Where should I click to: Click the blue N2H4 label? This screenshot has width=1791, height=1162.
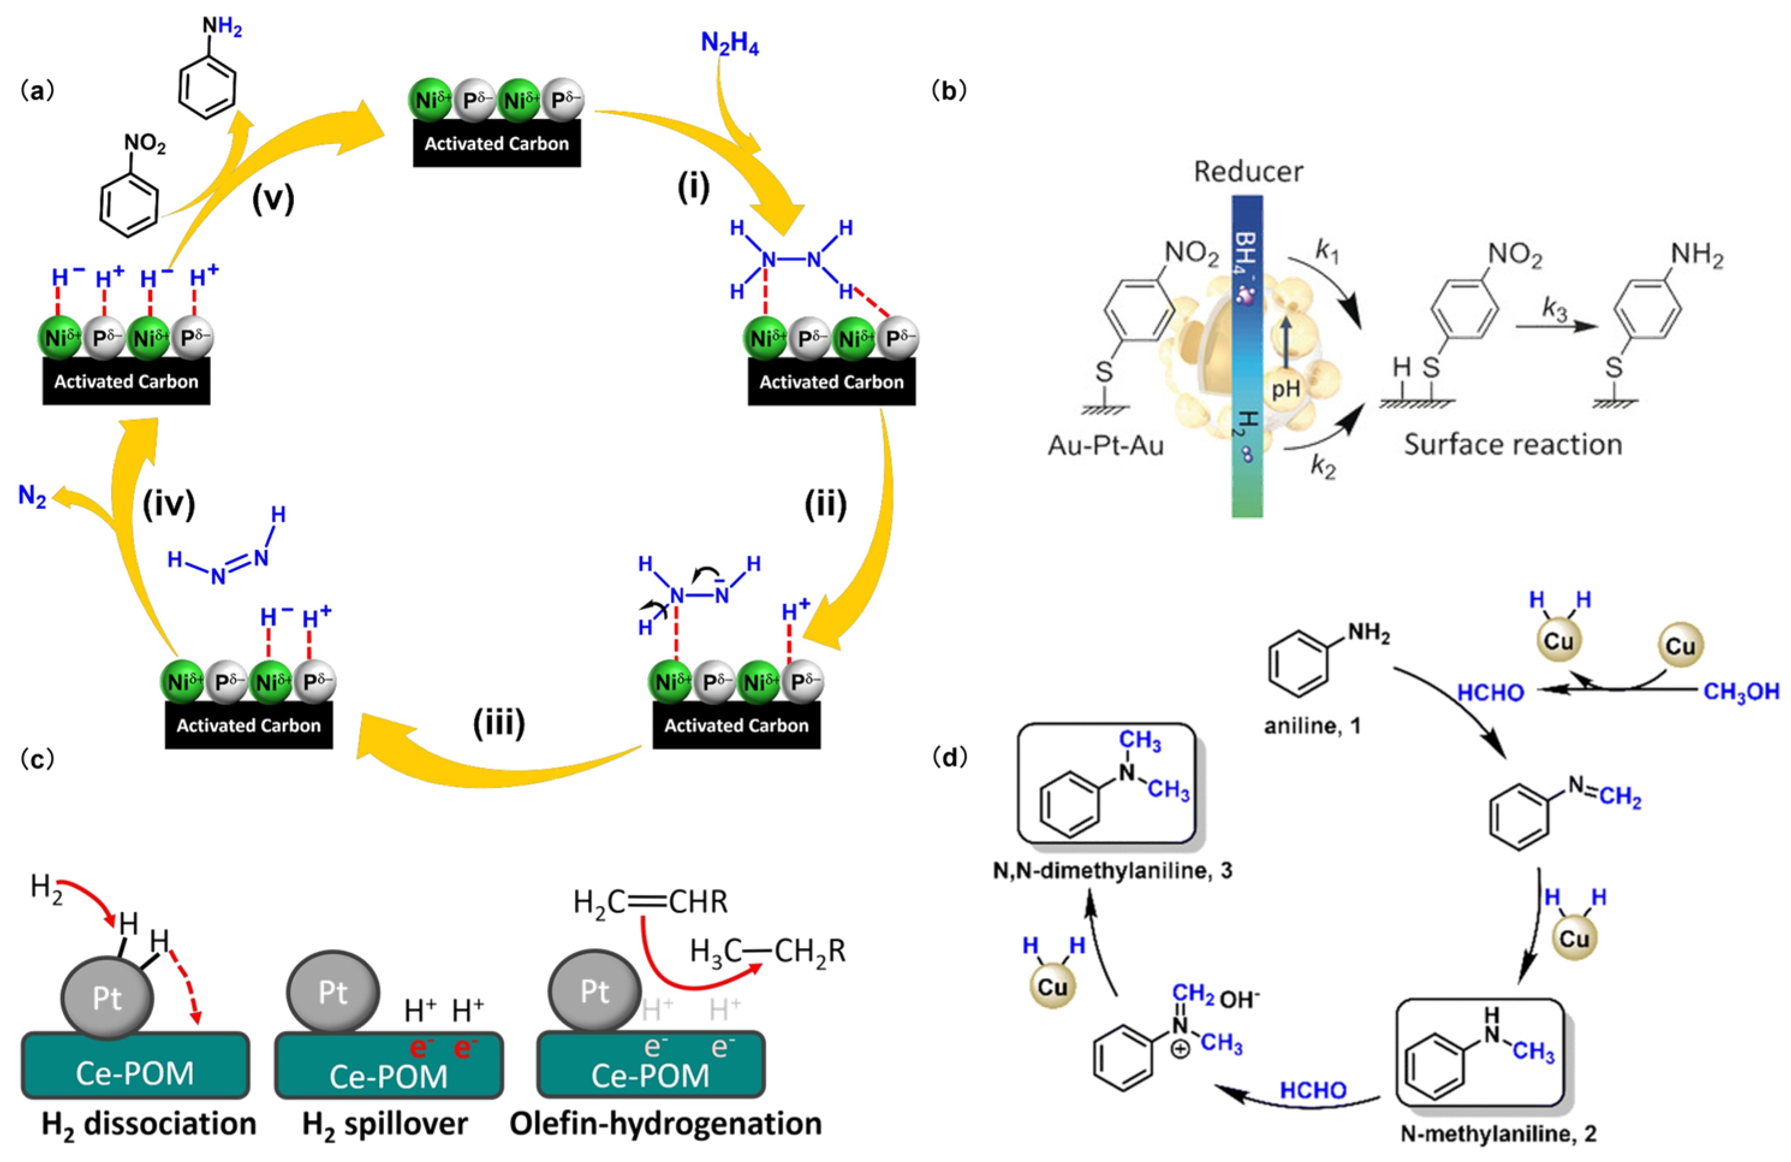tap(729, 44)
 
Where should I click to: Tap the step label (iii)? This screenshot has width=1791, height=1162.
tap(498, 723)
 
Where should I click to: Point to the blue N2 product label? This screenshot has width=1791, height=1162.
tap(32, 497)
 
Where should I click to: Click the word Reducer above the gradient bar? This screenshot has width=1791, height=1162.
tap(1248, 172)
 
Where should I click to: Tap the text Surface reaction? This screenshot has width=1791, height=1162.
tap(1513, 445)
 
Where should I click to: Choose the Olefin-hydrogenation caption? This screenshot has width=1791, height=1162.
tap(665, 1124)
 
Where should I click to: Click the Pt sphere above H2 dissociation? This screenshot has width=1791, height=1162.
tap(107, 999)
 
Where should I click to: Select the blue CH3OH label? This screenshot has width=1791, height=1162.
tap(1741, 691)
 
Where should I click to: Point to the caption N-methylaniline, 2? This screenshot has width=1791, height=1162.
tap(1498, 1133)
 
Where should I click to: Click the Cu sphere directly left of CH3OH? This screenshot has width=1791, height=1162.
tap(1680, 646)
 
